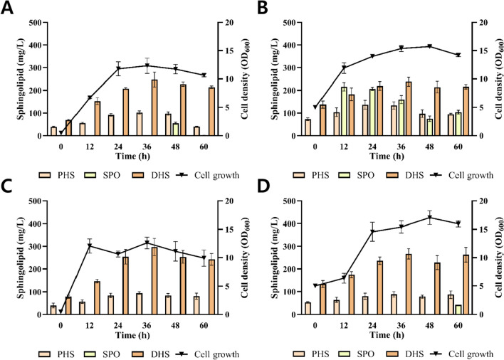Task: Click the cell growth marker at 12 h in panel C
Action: click(x=90, y=246)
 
